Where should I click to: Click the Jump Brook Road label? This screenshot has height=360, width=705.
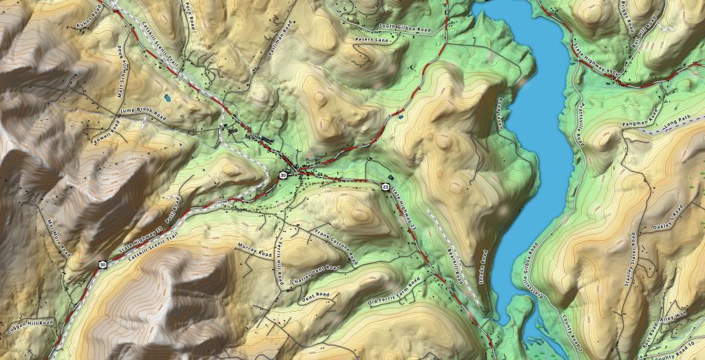(143, 114)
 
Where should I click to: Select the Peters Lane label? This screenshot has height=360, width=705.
(372, 41)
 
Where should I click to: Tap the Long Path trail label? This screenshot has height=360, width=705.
(679, 125)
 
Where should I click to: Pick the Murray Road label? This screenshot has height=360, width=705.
(255, 248)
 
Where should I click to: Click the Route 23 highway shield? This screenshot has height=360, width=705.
(385, 187)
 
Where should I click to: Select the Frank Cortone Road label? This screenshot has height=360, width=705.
(336, 246)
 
